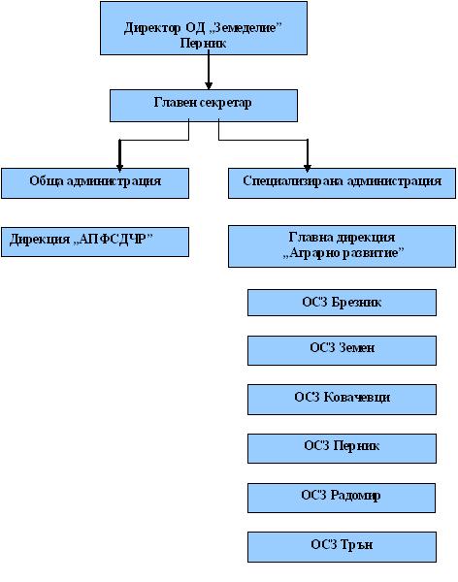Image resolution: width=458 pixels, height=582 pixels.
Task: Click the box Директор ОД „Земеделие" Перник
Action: pos(204,28)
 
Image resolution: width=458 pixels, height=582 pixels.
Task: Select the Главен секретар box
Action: pos(204,106)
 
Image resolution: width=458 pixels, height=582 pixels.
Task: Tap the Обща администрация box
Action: pos(95,183)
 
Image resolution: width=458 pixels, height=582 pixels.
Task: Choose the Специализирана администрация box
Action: pos(342,183)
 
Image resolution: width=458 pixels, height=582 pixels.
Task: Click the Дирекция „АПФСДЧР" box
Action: pos(95,242)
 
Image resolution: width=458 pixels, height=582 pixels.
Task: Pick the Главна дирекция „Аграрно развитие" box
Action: pos(342,246)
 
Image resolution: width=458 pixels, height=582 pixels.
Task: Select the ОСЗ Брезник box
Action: pos(342,303)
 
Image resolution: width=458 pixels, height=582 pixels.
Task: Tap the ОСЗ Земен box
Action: pos(342,350)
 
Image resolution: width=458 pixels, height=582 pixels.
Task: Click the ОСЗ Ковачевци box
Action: pos(342,400)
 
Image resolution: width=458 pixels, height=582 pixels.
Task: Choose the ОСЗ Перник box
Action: pos(342,448)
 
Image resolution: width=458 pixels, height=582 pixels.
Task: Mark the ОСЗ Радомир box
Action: pos(342,498)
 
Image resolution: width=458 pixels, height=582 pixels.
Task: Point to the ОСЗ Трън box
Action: pos(342,547)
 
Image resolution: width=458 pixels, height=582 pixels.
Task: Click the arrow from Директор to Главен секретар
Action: pos(209,70)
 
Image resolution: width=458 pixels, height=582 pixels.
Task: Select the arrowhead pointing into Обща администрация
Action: pos(119,168)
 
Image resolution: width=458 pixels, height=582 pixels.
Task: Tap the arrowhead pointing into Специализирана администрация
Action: pos(308,168)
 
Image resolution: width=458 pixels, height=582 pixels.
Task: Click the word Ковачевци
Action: pos(357,397)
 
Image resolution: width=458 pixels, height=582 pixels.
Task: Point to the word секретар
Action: pos(226,103)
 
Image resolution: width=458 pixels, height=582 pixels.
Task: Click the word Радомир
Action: pos(355,496)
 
